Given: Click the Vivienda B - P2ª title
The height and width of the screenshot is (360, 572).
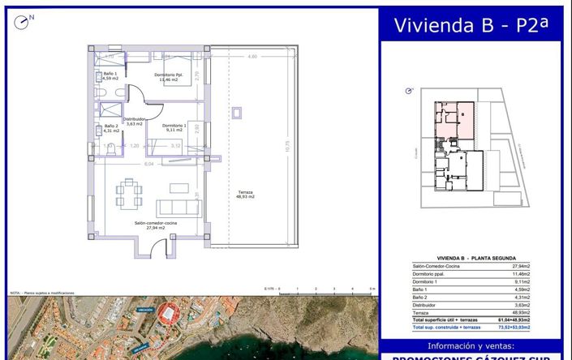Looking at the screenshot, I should [470, 25].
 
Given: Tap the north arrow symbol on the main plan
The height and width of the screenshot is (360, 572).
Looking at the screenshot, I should [22, 22].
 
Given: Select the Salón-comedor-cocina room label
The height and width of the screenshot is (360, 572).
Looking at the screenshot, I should [156, 225].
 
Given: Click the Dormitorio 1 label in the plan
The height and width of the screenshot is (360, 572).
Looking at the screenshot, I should [174, 127].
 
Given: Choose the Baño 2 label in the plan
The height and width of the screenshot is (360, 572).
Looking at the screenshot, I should [111, 128].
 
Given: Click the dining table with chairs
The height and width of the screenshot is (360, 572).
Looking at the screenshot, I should [129, 194].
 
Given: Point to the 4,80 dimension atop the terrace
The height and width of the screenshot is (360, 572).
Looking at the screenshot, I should [252, 58].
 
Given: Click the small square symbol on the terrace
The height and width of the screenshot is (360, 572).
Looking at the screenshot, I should [238, 111].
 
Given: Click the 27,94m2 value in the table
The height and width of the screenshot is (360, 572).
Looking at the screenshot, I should [519, 266].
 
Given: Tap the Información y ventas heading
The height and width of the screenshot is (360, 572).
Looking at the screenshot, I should [470, 345].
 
